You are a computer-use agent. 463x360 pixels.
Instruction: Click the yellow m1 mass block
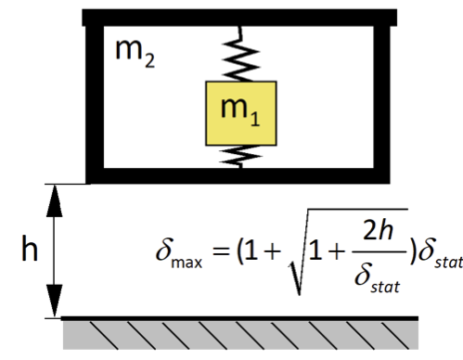(x=241, y=113)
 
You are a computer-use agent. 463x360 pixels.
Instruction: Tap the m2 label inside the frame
(x=135, y=53)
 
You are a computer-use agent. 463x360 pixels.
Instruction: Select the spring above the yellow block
(x=240, y=54)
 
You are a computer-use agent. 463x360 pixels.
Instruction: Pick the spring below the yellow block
(x=240, y=157)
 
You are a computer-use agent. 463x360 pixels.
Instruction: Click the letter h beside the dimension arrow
(x=30, y=248)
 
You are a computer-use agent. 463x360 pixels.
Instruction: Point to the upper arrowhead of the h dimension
(x=55, y=200)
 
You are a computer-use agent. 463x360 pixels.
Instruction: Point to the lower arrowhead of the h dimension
(x=55, y=301)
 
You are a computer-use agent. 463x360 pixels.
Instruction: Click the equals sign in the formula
(x=222, y=251)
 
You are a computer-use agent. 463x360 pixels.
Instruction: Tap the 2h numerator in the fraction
(x=378, y=230)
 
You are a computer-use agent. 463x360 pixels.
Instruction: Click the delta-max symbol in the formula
(x=179, y=253)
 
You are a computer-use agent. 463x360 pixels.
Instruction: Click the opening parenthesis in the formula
(x=239, y=251)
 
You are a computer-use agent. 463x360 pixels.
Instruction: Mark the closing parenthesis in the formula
(x=413, y=251)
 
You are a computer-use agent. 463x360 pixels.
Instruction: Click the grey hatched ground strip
(x=240, y=335)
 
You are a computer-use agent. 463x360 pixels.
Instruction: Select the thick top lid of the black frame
(x=239, y=18)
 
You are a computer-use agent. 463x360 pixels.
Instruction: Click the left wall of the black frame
(x=95, y=97)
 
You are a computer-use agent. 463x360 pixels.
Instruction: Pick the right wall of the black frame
(x=382, y=97)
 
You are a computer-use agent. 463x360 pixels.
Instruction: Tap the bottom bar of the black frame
(x=238, y=176)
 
